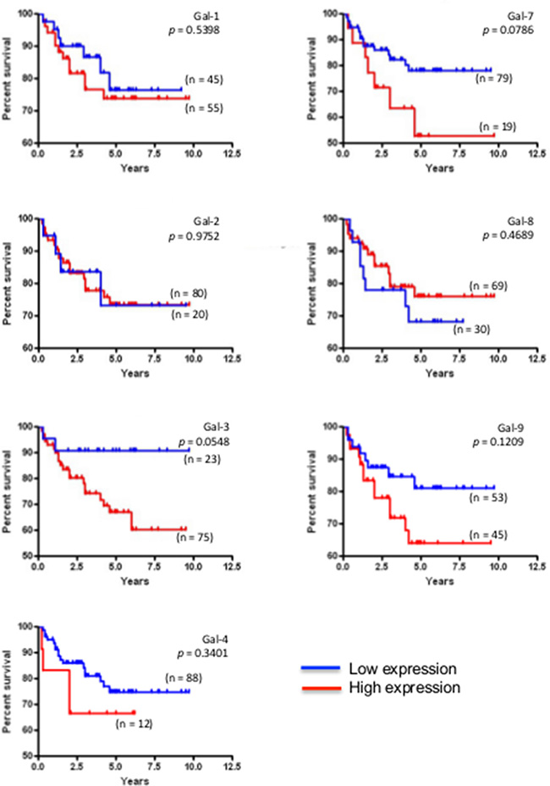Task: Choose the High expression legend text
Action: point(404,688)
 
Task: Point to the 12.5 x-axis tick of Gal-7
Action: point(536,155)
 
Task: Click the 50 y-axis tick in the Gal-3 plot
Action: point(29,556)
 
